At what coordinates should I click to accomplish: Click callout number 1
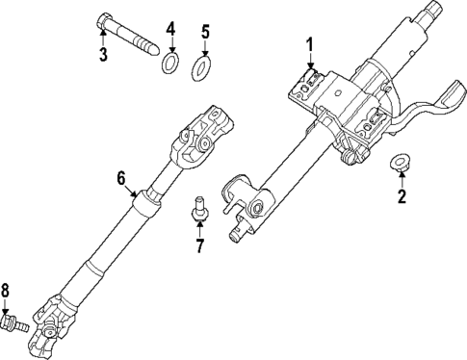[310, 43]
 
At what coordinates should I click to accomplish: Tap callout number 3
[103, 54]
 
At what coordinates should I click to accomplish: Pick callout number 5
[204, 32]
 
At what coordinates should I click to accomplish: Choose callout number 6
[122, 178]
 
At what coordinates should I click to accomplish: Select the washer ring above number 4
[169, 64]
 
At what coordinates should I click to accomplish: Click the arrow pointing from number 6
[134, 187]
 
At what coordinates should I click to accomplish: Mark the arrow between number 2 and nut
[400, 180]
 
